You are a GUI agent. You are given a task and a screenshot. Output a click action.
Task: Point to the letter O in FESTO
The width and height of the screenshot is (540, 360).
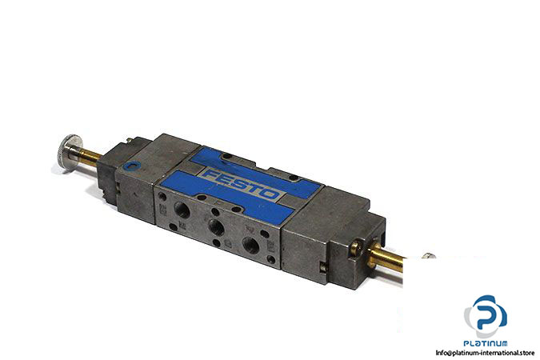270,194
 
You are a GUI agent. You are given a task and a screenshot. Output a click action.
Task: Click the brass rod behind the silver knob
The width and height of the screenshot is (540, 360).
91,158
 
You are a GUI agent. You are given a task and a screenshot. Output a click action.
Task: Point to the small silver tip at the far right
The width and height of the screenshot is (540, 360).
429,256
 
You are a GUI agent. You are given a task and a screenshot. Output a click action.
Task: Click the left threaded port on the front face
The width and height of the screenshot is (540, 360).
182,210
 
